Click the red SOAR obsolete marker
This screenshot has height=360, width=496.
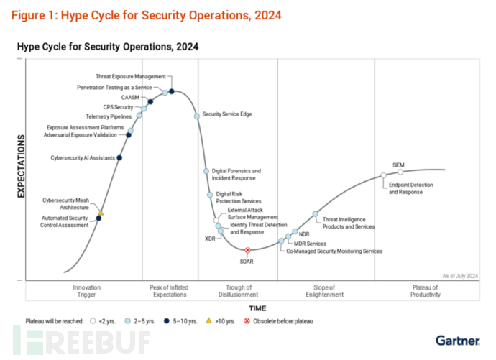tap(247, 250)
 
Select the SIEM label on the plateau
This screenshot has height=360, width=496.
tap(398, 165)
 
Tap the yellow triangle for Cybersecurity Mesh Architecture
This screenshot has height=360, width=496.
tap(101, 212)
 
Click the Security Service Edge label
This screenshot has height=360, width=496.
tap(227, 114)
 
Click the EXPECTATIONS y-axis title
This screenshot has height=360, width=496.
tap(21, 166)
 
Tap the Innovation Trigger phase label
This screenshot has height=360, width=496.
tap(86, 291)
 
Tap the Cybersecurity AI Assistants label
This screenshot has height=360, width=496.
tap(81, 157)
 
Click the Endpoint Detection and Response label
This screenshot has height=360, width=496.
tap(410, 188)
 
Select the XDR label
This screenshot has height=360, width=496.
tap(210, 237)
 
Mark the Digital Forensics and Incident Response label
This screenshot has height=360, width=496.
tap(236, 175)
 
